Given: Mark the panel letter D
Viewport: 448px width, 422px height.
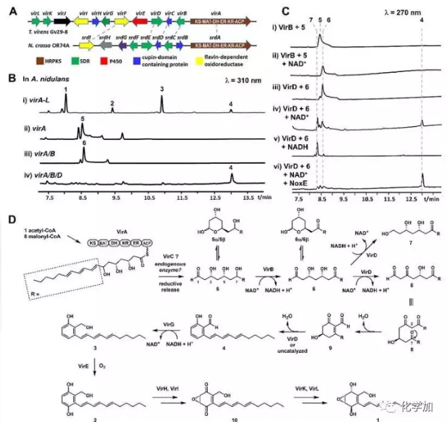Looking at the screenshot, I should point(10,219).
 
